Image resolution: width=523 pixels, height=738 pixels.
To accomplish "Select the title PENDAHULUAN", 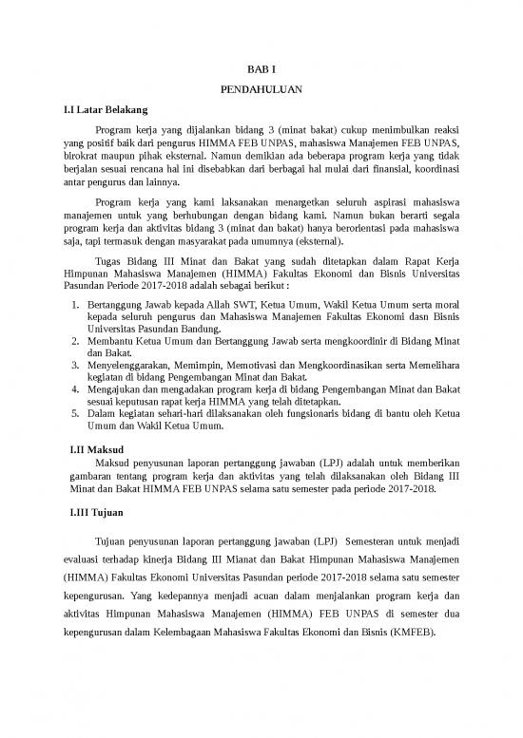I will pos(261,92).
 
